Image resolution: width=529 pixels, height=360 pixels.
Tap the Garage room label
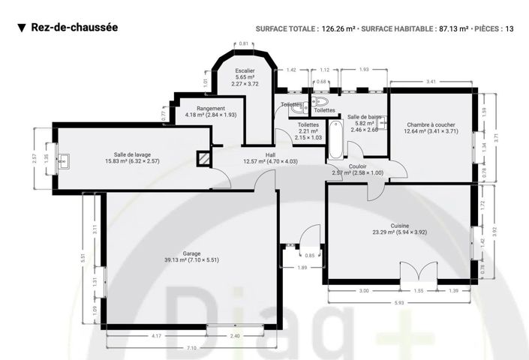pyautogui.click(x=191, y=256)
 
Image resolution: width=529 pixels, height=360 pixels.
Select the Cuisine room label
pyautogui.click(x=399, y=229)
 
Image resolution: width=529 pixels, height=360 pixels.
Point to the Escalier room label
pyautogui.click(x=245, y=76)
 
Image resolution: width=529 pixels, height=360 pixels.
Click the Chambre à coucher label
pyautogui.click(x=431, y=127)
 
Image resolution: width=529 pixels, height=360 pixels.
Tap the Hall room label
pyautogui.click(x=270, y=157)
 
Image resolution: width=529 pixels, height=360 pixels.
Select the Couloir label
pyautogui.click(x=357, y=169)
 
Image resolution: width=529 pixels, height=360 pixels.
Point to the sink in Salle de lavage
pyautogui.click(x=65, y=159)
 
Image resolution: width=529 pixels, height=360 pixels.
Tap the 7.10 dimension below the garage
pyautogui.click(x=191, y=348)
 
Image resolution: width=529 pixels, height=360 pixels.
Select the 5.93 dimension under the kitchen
pyautogui.click(x=399, y=302)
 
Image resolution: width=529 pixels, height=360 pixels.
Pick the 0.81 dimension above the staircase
pyautogui.click(x=243, y=43)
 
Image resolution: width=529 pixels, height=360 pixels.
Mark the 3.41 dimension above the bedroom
pyautogui.click(x=431, y=80)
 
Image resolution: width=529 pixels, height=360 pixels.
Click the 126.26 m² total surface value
pyautogui.click(x=338, y=29)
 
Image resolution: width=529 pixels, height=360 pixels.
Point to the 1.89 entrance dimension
pyautogui.click(x=302, y=268)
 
